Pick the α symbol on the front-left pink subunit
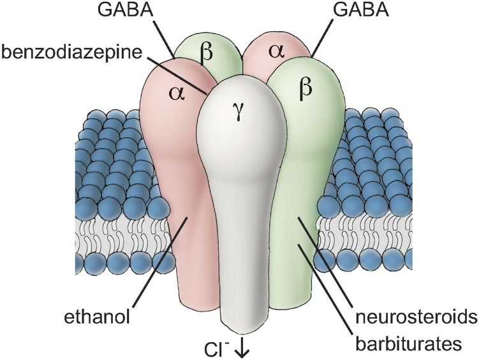click(178, 94)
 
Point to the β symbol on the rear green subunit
click(206, 53)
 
